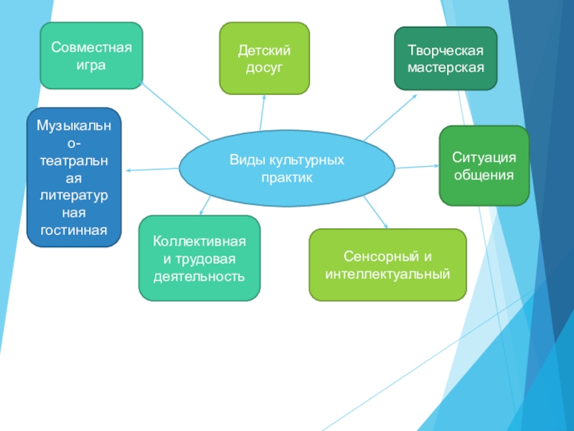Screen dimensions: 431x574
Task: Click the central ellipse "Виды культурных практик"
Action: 286,168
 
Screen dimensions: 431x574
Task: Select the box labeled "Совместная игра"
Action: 91,55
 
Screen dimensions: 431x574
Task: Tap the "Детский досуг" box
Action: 264,58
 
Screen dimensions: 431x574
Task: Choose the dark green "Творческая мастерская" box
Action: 446,59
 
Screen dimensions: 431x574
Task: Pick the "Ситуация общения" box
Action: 484,165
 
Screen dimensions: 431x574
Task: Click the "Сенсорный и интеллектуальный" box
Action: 387,264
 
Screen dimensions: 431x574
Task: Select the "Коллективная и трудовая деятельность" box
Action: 199,258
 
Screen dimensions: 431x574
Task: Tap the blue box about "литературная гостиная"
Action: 75,177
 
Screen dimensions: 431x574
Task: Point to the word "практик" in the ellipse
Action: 287,177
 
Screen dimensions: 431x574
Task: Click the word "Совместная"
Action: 91,47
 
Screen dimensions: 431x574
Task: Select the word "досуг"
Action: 264,67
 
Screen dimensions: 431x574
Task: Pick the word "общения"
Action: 484,175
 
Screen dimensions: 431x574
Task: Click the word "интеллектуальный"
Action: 387,274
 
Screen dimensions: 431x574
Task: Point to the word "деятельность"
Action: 199,277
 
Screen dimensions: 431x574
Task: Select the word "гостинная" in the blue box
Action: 75,230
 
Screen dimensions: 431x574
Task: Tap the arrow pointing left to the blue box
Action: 151,170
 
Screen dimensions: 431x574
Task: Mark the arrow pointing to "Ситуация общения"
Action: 417,167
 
